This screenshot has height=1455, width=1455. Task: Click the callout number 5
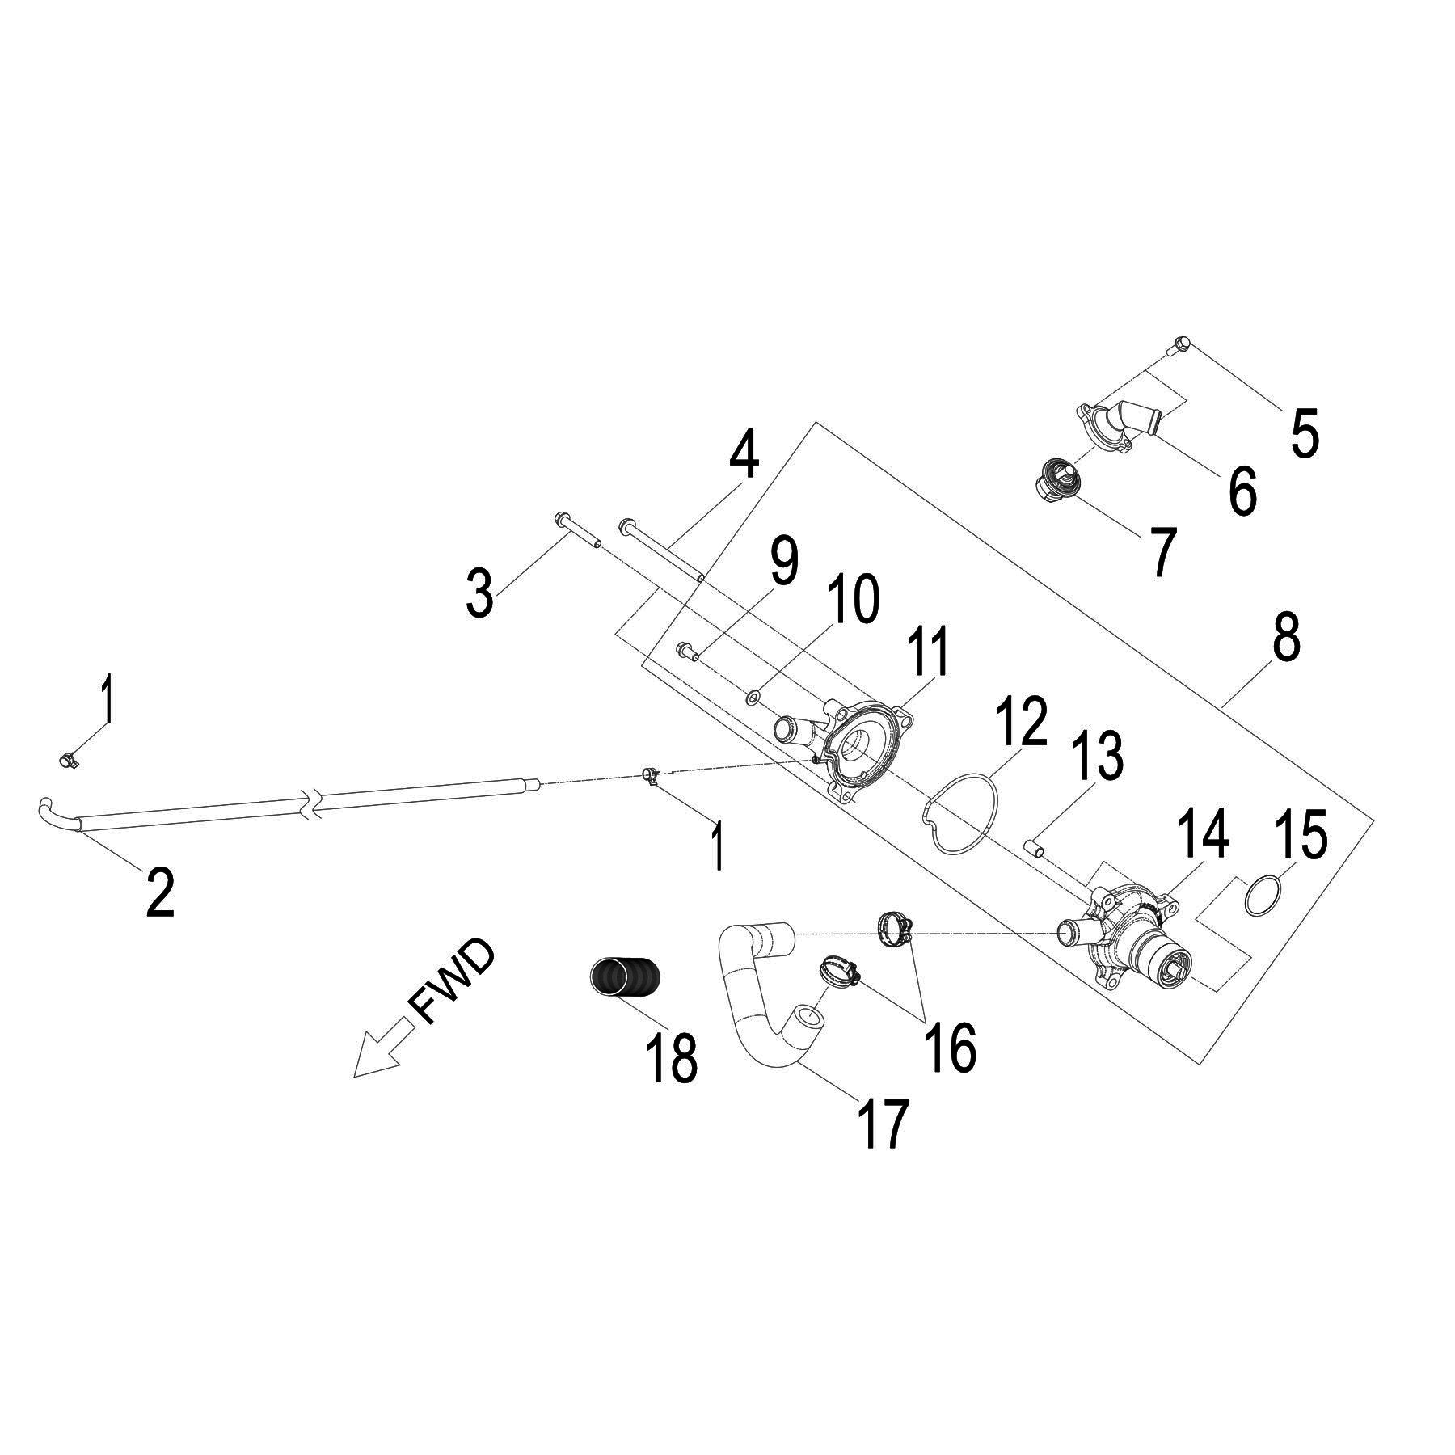1305,432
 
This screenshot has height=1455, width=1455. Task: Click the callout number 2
160,891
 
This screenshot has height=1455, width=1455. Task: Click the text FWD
452,983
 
